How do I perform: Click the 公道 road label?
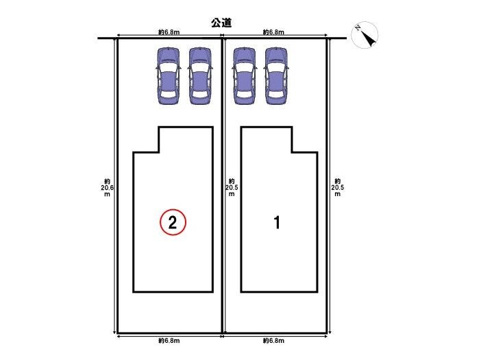[221, 23]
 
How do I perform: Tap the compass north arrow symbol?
[364, 35]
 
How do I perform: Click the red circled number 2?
[173, 222]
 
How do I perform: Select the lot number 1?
[277, 222]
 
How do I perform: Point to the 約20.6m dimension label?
[107, 187]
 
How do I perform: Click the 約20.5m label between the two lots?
[232, 187]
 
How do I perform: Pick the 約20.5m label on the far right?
[338, 187]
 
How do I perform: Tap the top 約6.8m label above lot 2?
[169, 32]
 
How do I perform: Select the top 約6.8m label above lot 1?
[273, 32]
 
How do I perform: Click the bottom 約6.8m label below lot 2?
[169, 341]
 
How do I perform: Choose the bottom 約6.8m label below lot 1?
[273, 341]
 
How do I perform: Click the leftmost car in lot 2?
[168, 76]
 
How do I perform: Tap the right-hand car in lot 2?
[200, 76]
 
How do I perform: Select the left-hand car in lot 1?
[245, 76]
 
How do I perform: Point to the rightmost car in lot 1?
[276, 76]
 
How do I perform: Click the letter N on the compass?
[358, 27]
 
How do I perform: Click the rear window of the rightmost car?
[276, 94]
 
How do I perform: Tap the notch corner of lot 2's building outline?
[159, 152]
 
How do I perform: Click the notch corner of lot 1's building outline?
[292, 152]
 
